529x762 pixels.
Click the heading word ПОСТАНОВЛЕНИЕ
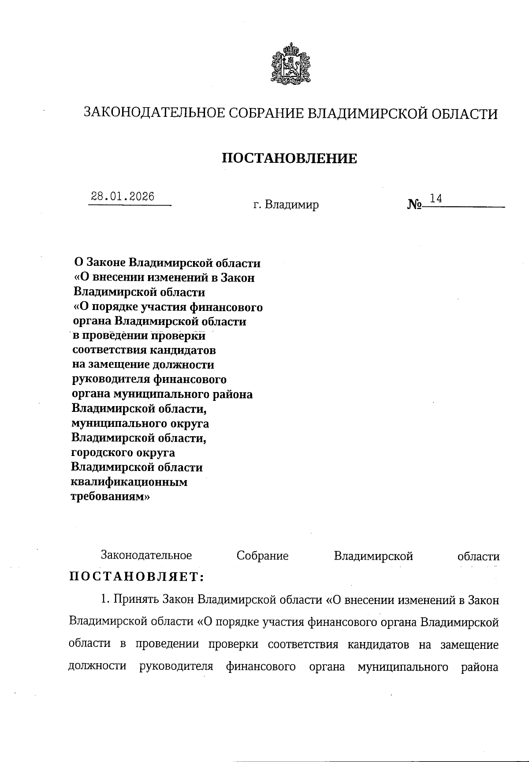pos(289,158)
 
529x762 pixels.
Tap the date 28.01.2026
pos(123,197)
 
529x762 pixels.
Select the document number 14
pos(436,198)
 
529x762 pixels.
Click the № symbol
pos(415,205)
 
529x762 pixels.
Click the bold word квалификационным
pos(129,482)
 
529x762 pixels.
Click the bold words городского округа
pos(123,452)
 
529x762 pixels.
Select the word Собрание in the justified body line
pos(262,556)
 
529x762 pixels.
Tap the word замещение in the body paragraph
pos(469,645)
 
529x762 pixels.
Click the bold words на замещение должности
pos(143,365)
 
